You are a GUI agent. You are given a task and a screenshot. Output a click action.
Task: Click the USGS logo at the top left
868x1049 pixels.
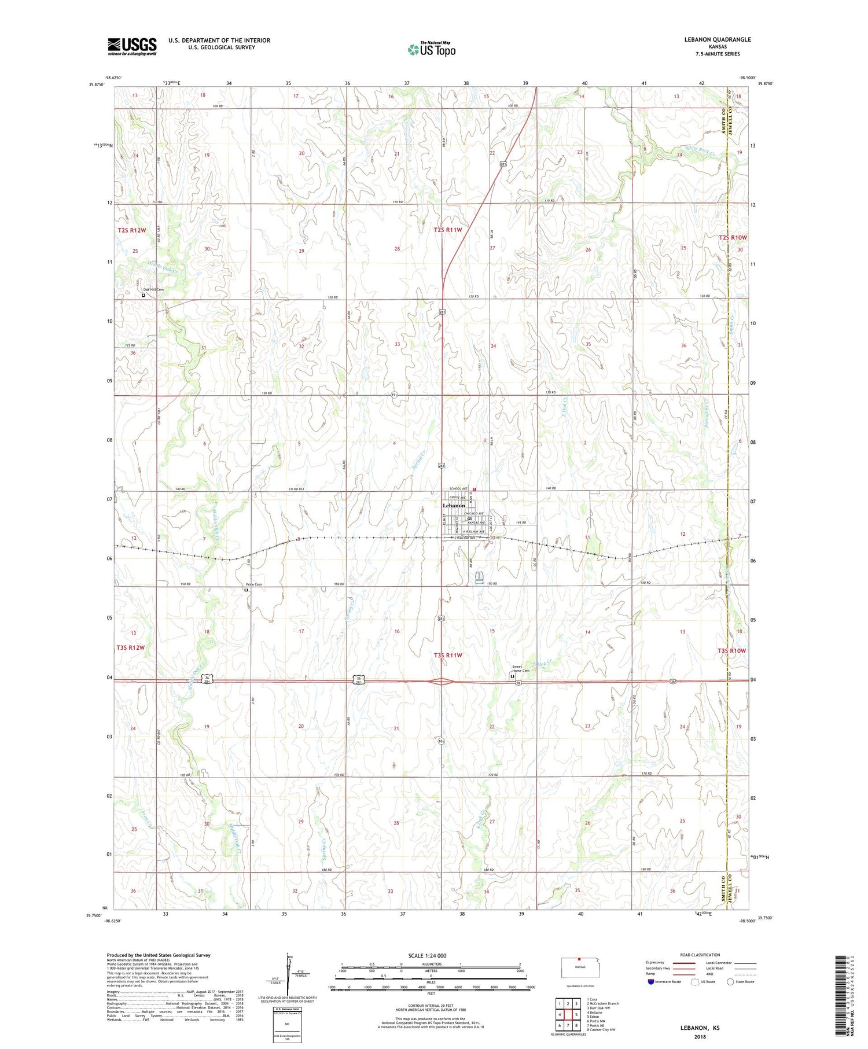[x=132, y=46]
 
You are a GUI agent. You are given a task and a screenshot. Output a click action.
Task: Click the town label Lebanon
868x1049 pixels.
[x=453, y=505]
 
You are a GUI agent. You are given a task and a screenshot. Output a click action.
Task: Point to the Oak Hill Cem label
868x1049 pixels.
[x=153, y=289]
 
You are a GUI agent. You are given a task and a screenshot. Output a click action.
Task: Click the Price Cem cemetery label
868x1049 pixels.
[x=253, y=584]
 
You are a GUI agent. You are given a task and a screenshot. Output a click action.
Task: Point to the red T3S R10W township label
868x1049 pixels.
[x=732, y=651]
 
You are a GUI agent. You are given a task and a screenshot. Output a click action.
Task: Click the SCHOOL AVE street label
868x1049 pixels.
[x=458, y=489]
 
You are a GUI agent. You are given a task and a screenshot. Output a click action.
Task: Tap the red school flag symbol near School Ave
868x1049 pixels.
[x=474, y=489]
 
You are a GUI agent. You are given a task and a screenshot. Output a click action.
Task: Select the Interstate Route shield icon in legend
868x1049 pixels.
[x=651, y=982]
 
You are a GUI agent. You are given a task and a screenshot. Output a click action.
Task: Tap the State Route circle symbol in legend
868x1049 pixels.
[x=730, y=982]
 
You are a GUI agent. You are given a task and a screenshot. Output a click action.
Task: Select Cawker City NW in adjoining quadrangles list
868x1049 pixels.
[x=601, y=1030]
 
